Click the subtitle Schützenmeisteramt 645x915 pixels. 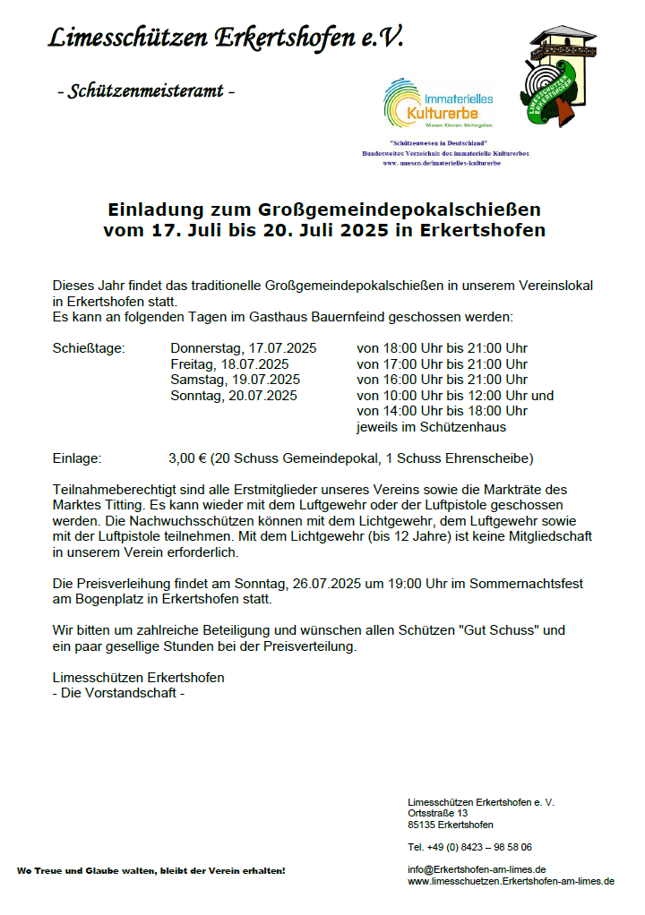145,91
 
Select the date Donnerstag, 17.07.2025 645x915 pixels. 244,348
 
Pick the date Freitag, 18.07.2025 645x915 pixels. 229,364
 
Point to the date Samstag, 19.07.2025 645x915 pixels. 235,380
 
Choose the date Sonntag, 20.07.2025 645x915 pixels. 233,395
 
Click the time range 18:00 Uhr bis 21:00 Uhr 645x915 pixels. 442,348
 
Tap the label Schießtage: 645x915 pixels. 89,348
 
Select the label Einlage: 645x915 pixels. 77,458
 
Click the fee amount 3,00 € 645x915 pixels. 188,458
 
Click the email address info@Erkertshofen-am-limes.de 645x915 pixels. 477,869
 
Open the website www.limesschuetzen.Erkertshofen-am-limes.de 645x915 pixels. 511,881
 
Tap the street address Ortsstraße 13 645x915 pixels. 437,813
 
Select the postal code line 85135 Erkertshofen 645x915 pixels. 450,825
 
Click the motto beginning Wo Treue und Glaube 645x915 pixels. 150,870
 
